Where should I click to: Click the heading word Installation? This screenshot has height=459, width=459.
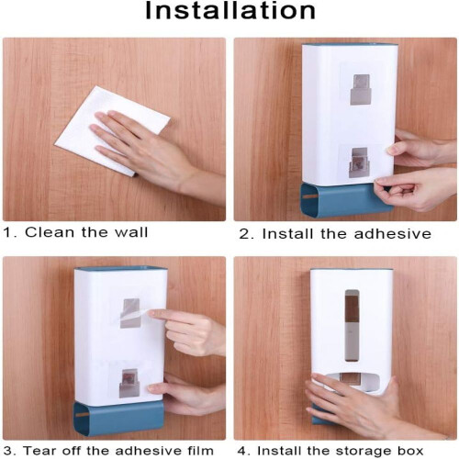click(230, 11)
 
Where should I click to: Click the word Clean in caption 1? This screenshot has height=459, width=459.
click(50, 232)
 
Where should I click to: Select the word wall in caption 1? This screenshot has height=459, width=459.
click(131, 232)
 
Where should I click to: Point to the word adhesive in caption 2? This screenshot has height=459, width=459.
click(393, 234)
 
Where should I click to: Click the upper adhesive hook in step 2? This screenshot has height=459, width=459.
click(362, 90)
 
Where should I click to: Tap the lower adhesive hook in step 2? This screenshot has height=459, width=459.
click(359, 163)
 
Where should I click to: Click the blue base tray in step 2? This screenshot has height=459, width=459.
click(346, 199)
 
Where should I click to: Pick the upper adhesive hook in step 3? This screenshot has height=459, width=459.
click(130, 313)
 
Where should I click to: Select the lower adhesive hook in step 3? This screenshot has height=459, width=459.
click(129, 383)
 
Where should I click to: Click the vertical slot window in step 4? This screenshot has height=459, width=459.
click(352, 325)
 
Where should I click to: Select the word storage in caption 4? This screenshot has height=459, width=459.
click(364, 452)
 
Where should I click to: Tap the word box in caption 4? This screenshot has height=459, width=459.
click(409, 451)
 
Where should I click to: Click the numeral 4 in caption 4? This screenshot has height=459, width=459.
click(242, 451)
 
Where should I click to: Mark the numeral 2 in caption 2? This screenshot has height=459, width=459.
click(244, 234)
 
